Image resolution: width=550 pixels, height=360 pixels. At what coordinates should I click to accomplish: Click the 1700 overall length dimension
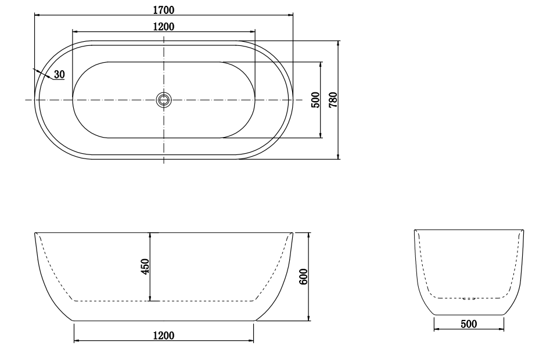pos(164,9)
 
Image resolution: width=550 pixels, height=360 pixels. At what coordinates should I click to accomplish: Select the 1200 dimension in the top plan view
pos(164,26)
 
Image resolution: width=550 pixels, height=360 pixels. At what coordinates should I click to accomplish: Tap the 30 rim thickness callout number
pos(59,74)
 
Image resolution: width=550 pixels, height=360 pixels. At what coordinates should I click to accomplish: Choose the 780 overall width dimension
pos(333,99)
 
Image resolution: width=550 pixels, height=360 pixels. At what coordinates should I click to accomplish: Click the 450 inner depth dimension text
pos(145,266)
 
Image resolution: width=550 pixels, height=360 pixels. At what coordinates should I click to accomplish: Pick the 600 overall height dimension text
pos(303,276)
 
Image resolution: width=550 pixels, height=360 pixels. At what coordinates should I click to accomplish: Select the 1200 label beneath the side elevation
pos(164,336)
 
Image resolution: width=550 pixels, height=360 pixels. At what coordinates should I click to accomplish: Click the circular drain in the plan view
pos(164,100)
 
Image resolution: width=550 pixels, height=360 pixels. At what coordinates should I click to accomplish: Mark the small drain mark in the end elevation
pos(470,298)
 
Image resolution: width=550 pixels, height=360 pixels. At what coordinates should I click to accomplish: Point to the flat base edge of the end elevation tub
pos(469,315)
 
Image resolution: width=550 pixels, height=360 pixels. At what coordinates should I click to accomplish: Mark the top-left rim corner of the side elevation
pos(36,233)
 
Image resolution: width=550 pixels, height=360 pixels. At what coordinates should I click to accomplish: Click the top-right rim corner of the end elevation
pos(524,231)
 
